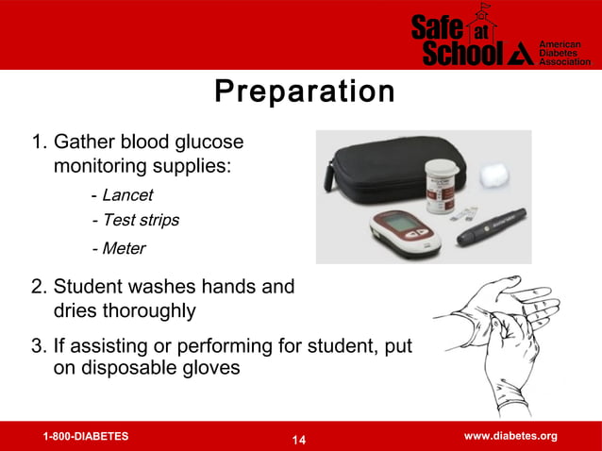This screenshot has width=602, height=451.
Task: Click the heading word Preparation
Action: point(304,92)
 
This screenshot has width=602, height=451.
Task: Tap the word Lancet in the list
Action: point(127,196)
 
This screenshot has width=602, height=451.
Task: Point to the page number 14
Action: point(300,440)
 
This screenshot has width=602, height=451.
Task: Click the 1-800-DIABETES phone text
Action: point(86,437)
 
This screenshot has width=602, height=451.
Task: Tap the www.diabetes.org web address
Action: point(510,436)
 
